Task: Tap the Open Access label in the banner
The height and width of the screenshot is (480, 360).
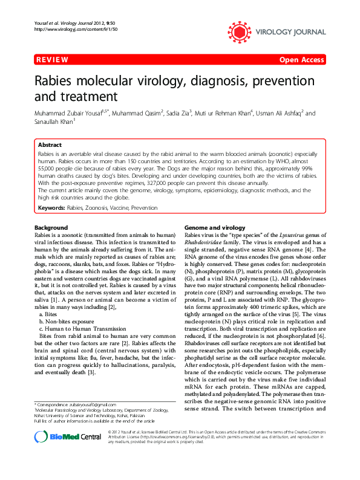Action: coord(301,60)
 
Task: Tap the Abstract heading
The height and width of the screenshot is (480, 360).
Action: coord(50,146)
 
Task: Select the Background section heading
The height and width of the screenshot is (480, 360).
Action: coord(50,227)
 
